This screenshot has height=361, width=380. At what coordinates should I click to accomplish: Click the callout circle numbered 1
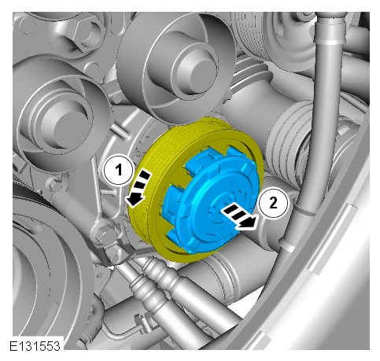pos(119,170)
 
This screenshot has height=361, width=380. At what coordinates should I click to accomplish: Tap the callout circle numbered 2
pos(273,203)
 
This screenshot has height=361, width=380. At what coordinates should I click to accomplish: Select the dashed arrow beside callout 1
pos(138,187)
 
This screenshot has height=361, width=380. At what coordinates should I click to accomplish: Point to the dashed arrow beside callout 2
pos(238,216)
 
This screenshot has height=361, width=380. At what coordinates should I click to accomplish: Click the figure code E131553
pos(35,346)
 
